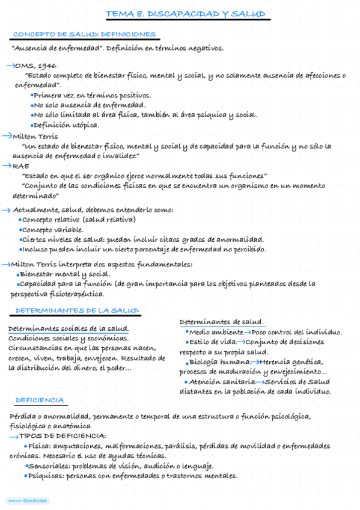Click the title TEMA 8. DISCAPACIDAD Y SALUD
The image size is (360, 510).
coord(185,14)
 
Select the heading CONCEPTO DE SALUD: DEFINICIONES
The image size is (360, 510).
coord(84,34)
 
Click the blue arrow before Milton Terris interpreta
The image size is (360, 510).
coord(6,264)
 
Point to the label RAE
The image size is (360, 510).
coord(21,166)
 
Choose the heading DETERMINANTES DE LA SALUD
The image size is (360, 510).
coord(77,310)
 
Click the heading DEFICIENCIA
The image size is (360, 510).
coord(40,400)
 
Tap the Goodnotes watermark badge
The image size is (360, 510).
coord(27,500)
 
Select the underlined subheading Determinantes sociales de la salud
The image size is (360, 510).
coord(68,328)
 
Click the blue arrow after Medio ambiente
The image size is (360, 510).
coord(248,332)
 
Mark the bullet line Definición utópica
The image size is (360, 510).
coord(66,124)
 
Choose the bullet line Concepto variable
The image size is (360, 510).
coord(53,229)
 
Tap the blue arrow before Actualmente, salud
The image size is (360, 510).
coord(6,210)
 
